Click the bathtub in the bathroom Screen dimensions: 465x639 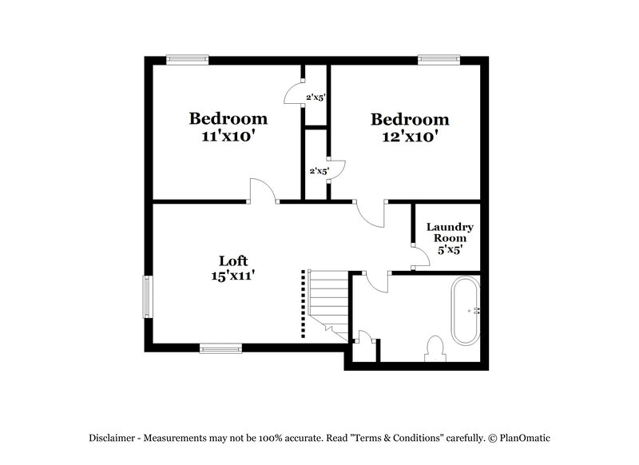point(465,310)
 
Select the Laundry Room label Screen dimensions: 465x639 point(449,232)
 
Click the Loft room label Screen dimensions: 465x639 point(233,260)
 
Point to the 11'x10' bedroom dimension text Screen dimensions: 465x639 point(228,136)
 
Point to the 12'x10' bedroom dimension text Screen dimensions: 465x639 point(410,137)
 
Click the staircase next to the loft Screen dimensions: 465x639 point(328,304)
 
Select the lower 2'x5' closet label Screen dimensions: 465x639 point(319,171)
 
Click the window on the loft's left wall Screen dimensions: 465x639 point(147,296)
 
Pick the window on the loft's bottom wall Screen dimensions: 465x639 point(220,348)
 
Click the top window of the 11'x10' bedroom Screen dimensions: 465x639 point(188,59)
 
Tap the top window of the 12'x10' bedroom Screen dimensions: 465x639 point(439,59)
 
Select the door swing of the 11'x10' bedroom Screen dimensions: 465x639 point(262,192)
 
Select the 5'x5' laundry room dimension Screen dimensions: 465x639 point(449,249)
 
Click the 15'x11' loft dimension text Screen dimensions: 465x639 point(233,276)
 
